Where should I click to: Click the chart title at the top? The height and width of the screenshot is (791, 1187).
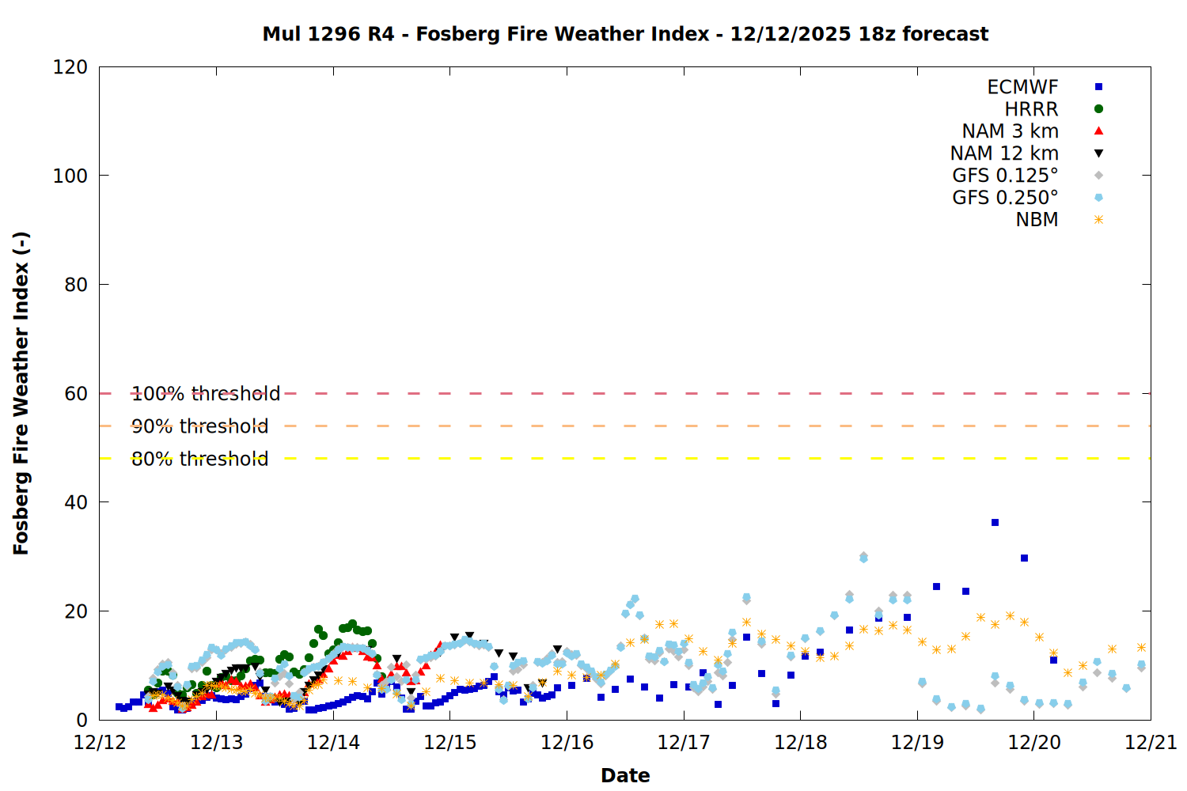pyautogui.click(x=625, y=34)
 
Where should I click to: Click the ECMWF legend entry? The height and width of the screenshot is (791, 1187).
pyautogui.click(x=1022, y=87)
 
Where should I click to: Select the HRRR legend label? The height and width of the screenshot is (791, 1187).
pyautogui.click(x=1031, y=109)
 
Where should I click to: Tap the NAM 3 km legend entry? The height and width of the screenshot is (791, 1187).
pyautogui.click(x=1010, y=131)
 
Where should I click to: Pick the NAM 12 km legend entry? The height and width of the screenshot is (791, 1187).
pyautogui.click(x=1004, y=153)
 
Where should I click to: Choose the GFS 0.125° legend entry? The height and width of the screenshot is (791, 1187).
pyautogui.click(x=1005, y=176)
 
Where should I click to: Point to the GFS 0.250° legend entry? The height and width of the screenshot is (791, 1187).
pyautogui.click(x=1005, y=198)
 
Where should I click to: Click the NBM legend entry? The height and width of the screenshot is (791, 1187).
pyautogui.click(x=1037, y=220)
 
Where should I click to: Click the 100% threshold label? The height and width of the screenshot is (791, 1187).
pyautogui.click(x=206, y=394)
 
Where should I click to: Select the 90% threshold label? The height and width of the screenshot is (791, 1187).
pyautogui.click(x=200, y=426)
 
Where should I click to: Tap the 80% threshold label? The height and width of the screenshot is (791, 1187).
pyautogui.click(x=200, y=459)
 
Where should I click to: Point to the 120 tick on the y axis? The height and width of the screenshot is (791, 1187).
pyautogui.click(x=70, y=67)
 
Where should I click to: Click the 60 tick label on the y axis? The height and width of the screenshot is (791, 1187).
pyautogui.click(x=76, y=394)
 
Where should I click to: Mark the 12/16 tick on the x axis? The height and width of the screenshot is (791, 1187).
pyautogui.click(x=567, y=743)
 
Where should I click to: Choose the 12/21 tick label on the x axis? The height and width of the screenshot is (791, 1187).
pyautogui.click(x=1151, y=743)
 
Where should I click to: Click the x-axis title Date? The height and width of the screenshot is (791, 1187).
pyautogui.click(x=625, y=775)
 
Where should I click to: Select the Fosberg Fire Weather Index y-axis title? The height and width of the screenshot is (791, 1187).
pyautogui.click(x=21, y=393)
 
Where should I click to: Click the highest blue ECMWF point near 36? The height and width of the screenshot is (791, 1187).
pyautogui.click(x=995, y=523)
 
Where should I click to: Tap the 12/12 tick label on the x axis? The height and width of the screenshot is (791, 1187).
pyautogui.click(x=100, y=743)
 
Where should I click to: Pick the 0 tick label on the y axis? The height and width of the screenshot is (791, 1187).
pyautogui.click(x=82, y=720)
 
